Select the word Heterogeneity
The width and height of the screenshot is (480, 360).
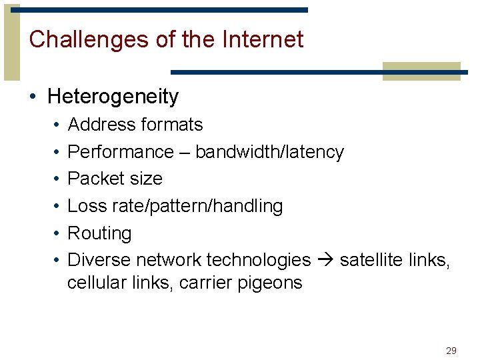tap(113, 97)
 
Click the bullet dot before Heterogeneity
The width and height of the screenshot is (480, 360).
tap(33, 97)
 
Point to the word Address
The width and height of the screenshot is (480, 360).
tap(99, 125)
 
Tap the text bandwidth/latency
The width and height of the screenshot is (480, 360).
tap(269, 152)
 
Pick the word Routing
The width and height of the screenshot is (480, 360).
tap(100, 234)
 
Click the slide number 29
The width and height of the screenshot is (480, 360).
tap(451, 350)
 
